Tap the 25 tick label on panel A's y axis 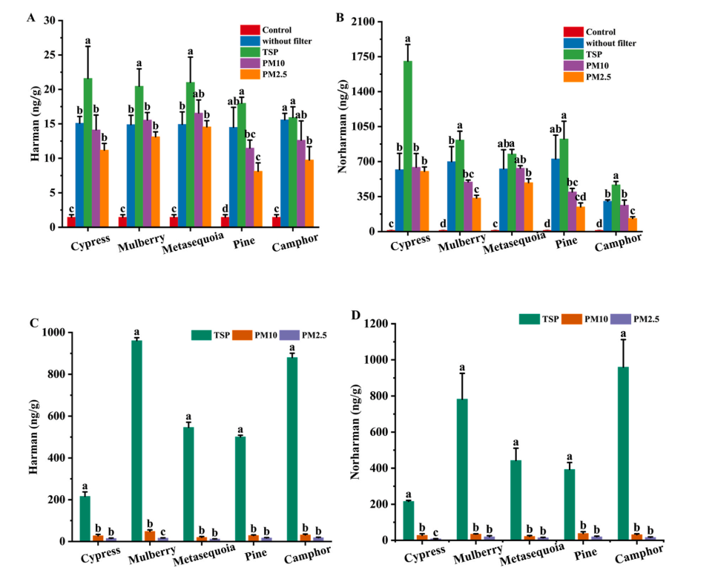click(51, 55)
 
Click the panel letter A click(31, 18)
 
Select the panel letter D click(356, 316)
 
